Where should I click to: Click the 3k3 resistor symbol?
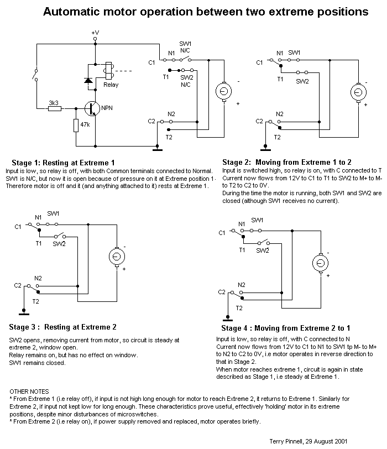coord(54,108)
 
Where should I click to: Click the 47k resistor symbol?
coord(76,126)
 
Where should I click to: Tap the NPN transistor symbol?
coord(92,108)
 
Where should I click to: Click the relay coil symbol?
coord(109,70)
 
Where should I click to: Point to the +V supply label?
coord(95,33)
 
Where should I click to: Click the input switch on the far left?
coord(35,75)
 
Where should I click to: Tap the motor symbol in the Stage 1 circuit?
coord(223,91)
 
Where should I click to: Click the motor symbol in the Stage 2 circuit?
coord(358,92)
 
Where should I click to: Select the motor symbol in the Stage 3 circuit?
coord(117,256)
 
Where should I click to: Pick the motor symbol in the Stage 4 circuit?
coord(320,263)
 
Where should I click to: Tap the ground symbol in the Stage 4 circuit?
coord(228,318)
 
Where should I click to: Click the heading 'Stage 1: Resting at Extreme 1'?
coord(63,163)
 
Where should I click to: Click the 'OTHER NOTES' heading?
coord(29,391)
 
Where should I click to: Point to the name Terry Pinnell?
coord(286,441)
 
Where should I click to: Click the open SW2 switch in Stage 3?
coord(60,236)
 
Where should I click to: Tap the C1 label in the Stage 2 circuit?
coord(259,62)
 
